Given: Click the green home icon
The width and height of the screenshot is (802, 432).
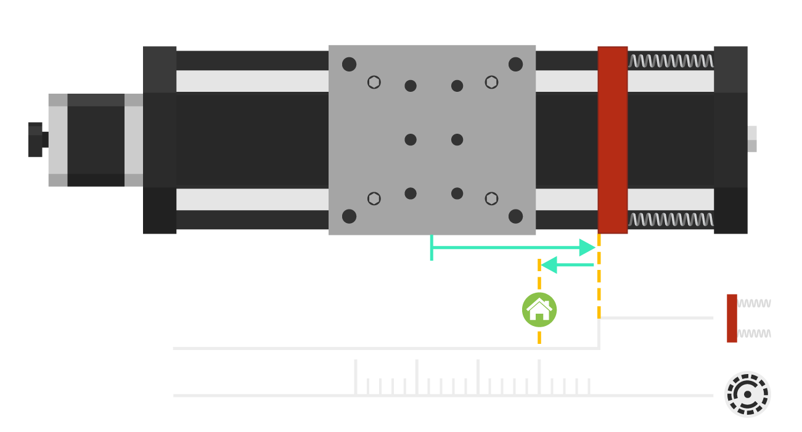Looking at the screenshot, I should point(539,309).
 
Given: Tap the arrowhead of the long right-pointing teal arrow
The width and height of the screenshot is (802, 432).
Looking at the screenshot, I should point(587,248).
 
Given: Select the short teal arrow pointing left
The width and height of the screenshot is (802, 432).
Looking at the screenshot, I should point(567,265).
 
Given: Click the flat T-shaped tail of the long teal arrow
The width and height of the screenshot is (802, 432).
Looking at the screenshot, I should point(432,248).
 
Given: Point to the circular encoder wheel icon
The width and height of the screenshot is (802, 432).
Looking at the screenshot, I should point(747,394).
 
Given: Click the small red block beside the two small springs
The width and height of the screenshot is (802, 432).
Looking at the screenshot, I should point(732,318).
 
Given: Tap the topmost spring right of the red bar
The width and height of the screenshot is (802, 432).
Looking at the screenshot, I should point(671,61).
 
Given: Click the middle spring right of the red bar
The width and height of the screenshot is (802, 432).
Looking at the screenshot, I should point(671,220).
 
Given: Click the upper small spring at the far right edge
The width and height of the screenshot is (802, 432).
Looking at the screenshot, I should point(754,303).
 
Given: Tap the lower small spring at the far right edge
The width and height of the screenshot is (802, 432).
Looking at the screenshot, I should point(754,333).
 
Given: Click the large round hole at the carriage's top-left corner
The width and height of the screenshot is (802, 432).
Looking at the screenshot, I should point(350,64).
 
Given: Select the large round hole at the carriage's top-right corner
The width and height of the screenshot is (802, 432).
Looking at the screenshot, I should point(516,64).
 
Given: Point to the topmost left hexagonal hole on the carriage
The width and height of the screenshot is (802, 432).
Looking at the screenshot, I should point(374,82).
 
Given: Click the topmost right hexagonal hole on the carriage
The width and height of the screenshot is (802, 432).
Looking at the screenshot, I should point(491,82).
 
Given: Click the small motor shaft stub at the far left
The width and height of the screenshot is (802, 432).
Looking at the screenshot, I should point(36,140).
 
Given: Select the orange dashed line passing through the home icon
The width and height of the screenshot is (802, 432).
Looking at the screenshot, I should point(539,277).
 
